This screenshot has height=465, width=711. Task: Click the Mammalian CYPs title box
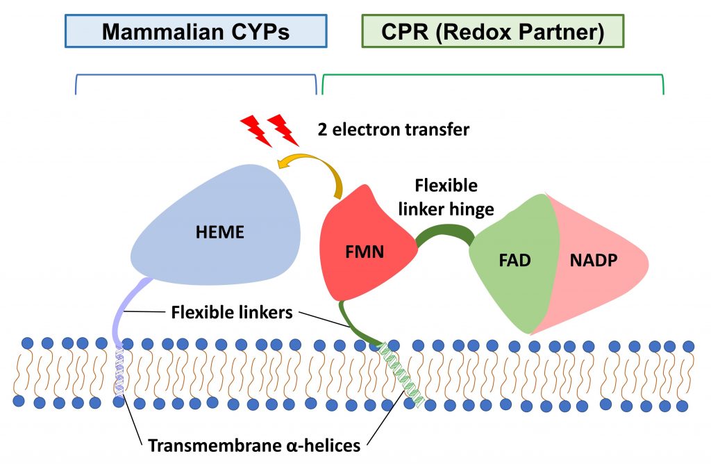196,31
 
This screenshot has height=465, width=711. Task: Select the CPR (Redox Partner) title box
492,31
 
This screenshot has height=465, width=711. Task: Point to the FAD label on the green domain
515,261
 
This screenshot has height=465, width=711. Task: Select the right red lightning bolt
284,130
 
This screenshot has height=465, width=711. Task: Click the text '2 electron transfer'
393,129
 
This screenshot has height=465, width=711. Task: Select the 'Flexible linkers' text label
232,313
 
